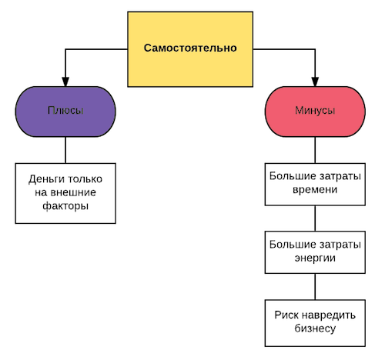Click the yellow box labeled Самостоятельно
[x=190, y=49]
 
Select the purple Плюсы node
[x=65, y=112]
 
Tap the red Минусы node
[x=315, y=112]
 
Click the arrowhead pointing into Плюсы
[x=65, y=82]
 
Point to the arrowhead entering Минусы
[x=315, y=82]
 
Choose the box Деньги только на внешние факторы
[x=65, y=193]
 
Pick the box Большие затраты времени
[x=315, y=185]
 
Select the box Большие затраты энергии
[x=315, y=252]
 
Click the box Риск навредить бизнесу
[x=315, y=323]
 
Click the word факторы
[x=65, y=206]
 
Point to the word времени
[x=315, y=190]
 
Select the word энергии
[x=315, y=258]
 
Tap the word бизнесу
[x=315, y=328]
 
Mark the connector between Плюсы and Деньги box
[x=65, y=150]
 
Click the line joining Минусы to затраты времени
[x=315, y=150]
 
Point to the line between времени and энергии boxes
[x=315, y=218]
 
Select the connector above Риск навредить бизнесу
[x=315, y=287]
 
